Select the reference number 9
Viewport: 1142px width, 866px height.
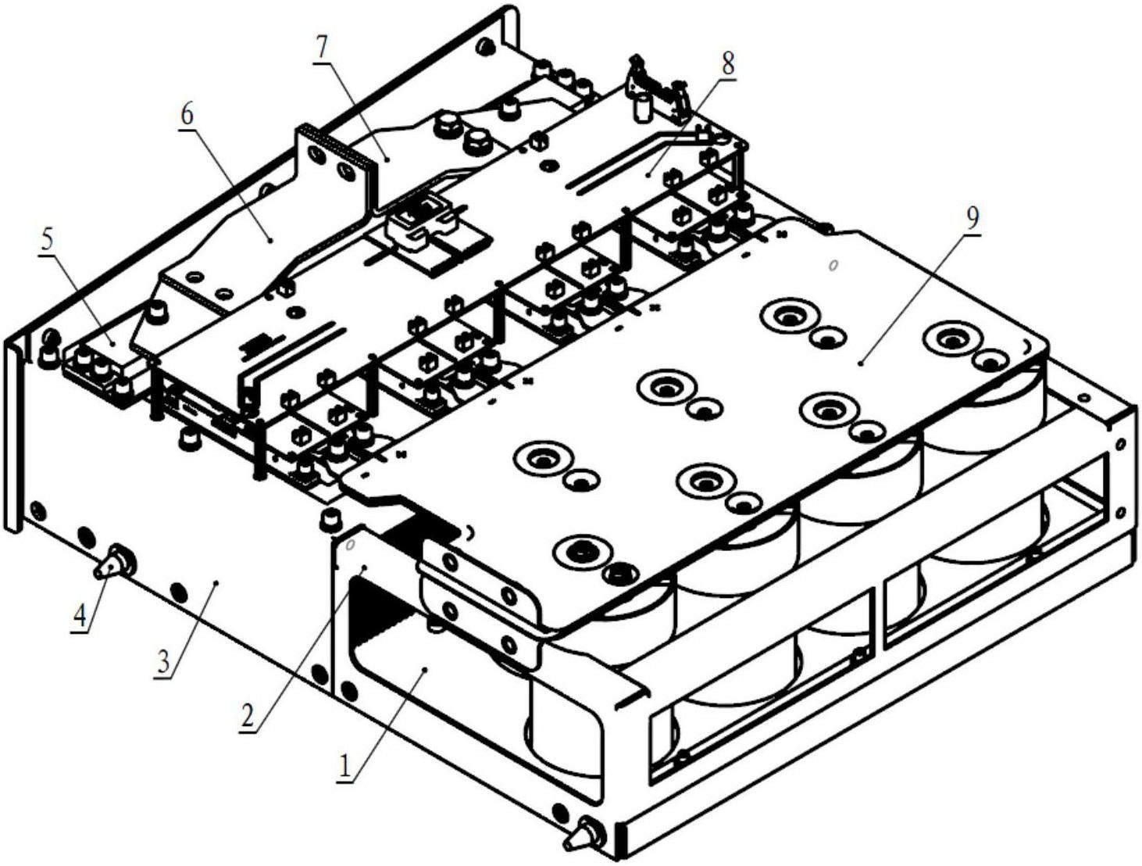pyautogui.click(x=972, y=220)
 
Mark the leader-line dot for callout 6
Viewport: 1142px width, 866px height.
pyautogui.click(x=270, y=240)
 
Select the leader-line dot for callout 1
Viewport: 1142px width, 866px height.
pyautogui.click(x=426, y=671)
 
